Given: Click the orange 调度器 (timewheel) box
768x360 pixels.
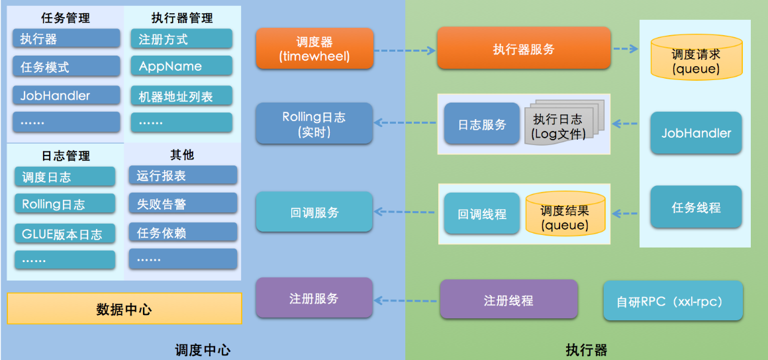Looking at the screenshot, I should point(314,48).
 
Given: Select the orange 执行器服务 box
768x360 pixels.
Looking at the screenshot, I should point(524,48).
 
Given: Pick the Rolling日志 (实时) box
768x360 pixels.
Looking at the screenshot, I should point(314,124).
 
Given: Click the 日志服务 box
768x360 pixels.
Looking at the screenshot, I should point(482,124).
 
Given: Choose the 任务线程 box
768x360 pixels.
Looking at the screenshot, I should point(696,207).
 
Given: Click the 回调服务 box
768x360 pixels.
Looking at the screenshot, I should point(314,212).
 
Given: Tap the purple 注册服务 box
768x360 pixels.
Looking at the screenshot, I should point(314,298).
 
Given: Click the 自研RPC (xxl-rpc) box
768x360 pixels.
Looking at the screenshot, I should point(673,301).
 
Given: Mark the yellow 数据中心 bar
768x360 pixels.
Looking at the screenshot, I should point(124,309).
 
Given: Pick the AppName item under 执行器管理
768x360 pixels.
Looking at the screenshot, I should point(181,66).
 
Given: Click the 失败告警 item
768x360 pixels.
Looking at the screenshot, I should point(183,204).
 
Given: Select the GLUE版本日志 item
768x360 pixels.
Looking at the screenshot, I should point(64,234).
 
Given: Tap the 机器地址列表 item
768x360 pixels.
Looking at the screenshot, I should point(181,96).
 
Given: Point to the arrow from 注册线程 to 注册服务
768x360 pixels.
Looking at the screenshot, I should point(406,300).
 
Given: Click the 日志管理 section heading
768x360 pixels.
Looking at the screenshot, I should point(65,156).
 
